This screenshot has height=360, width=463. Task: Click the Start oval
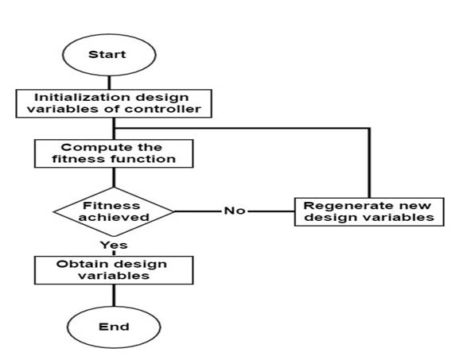coord(109,55)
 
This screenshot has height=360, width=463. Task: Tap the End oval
coord(114,327)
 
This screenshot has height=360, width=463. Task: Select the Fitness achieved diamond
coord(114,211)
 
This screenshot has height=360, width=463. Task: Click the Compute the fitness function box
coord(114,153)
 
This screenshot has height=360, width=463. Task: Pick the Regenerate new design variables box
coord(369,212)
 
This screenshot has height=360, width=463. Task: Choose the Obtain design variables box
coord(114,270)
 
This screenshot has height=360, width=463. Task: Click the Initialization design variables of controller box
coord(114,103)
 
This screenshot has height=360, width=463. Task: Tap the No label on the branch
coord(235,211)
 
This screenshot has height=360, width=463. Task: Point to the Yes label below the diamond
coord(114,245)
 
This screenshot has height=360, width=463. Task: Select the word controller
coord(163,109)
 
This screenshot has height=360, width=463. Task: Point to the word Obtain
coord(75,264)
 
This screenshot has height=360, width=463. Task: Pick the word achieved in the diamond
coord(114,217)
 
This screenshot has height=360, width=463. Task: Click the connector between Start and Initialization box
coord(109,83)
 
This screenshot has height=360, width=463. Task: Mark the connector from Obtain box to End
coord(114,296)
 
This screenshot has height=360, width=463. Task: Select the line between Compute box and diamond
coord(114,177)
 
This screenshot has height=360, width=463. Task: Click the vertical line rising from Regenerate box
coord(369,163)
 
